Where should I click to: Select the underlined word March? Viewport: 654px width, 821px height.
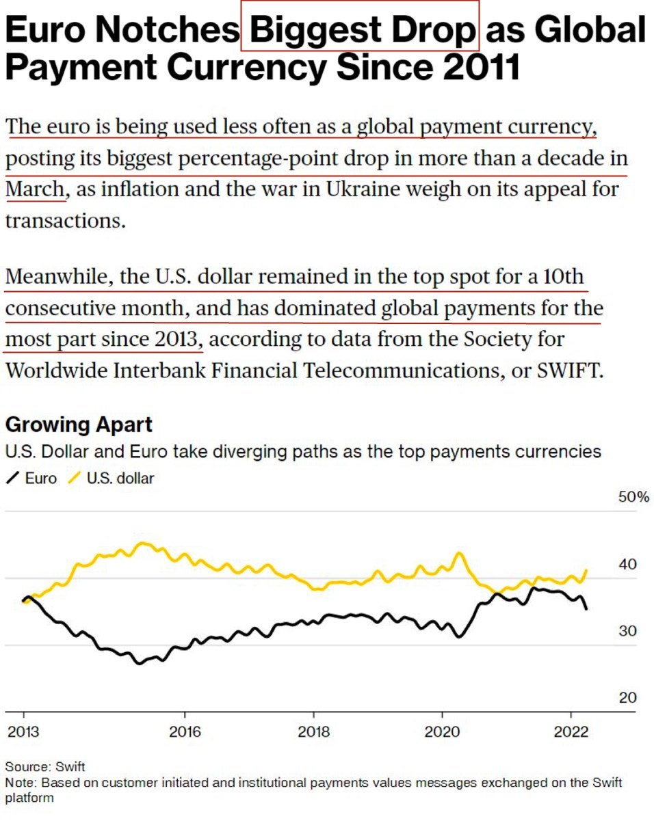[35, 189]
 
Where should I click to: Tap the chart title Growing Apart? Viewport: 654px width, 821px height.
[79, 425]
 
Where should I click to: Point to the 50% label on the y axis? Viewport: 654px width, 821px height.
[633, 497]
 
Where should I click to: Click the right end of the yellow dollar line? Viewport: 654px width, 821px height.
[586, 570]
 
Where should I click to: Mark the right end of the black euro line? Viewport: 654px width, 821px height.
[586, 608]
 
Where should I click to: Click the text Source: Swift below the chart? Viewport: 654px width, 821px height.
[46, 766]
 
